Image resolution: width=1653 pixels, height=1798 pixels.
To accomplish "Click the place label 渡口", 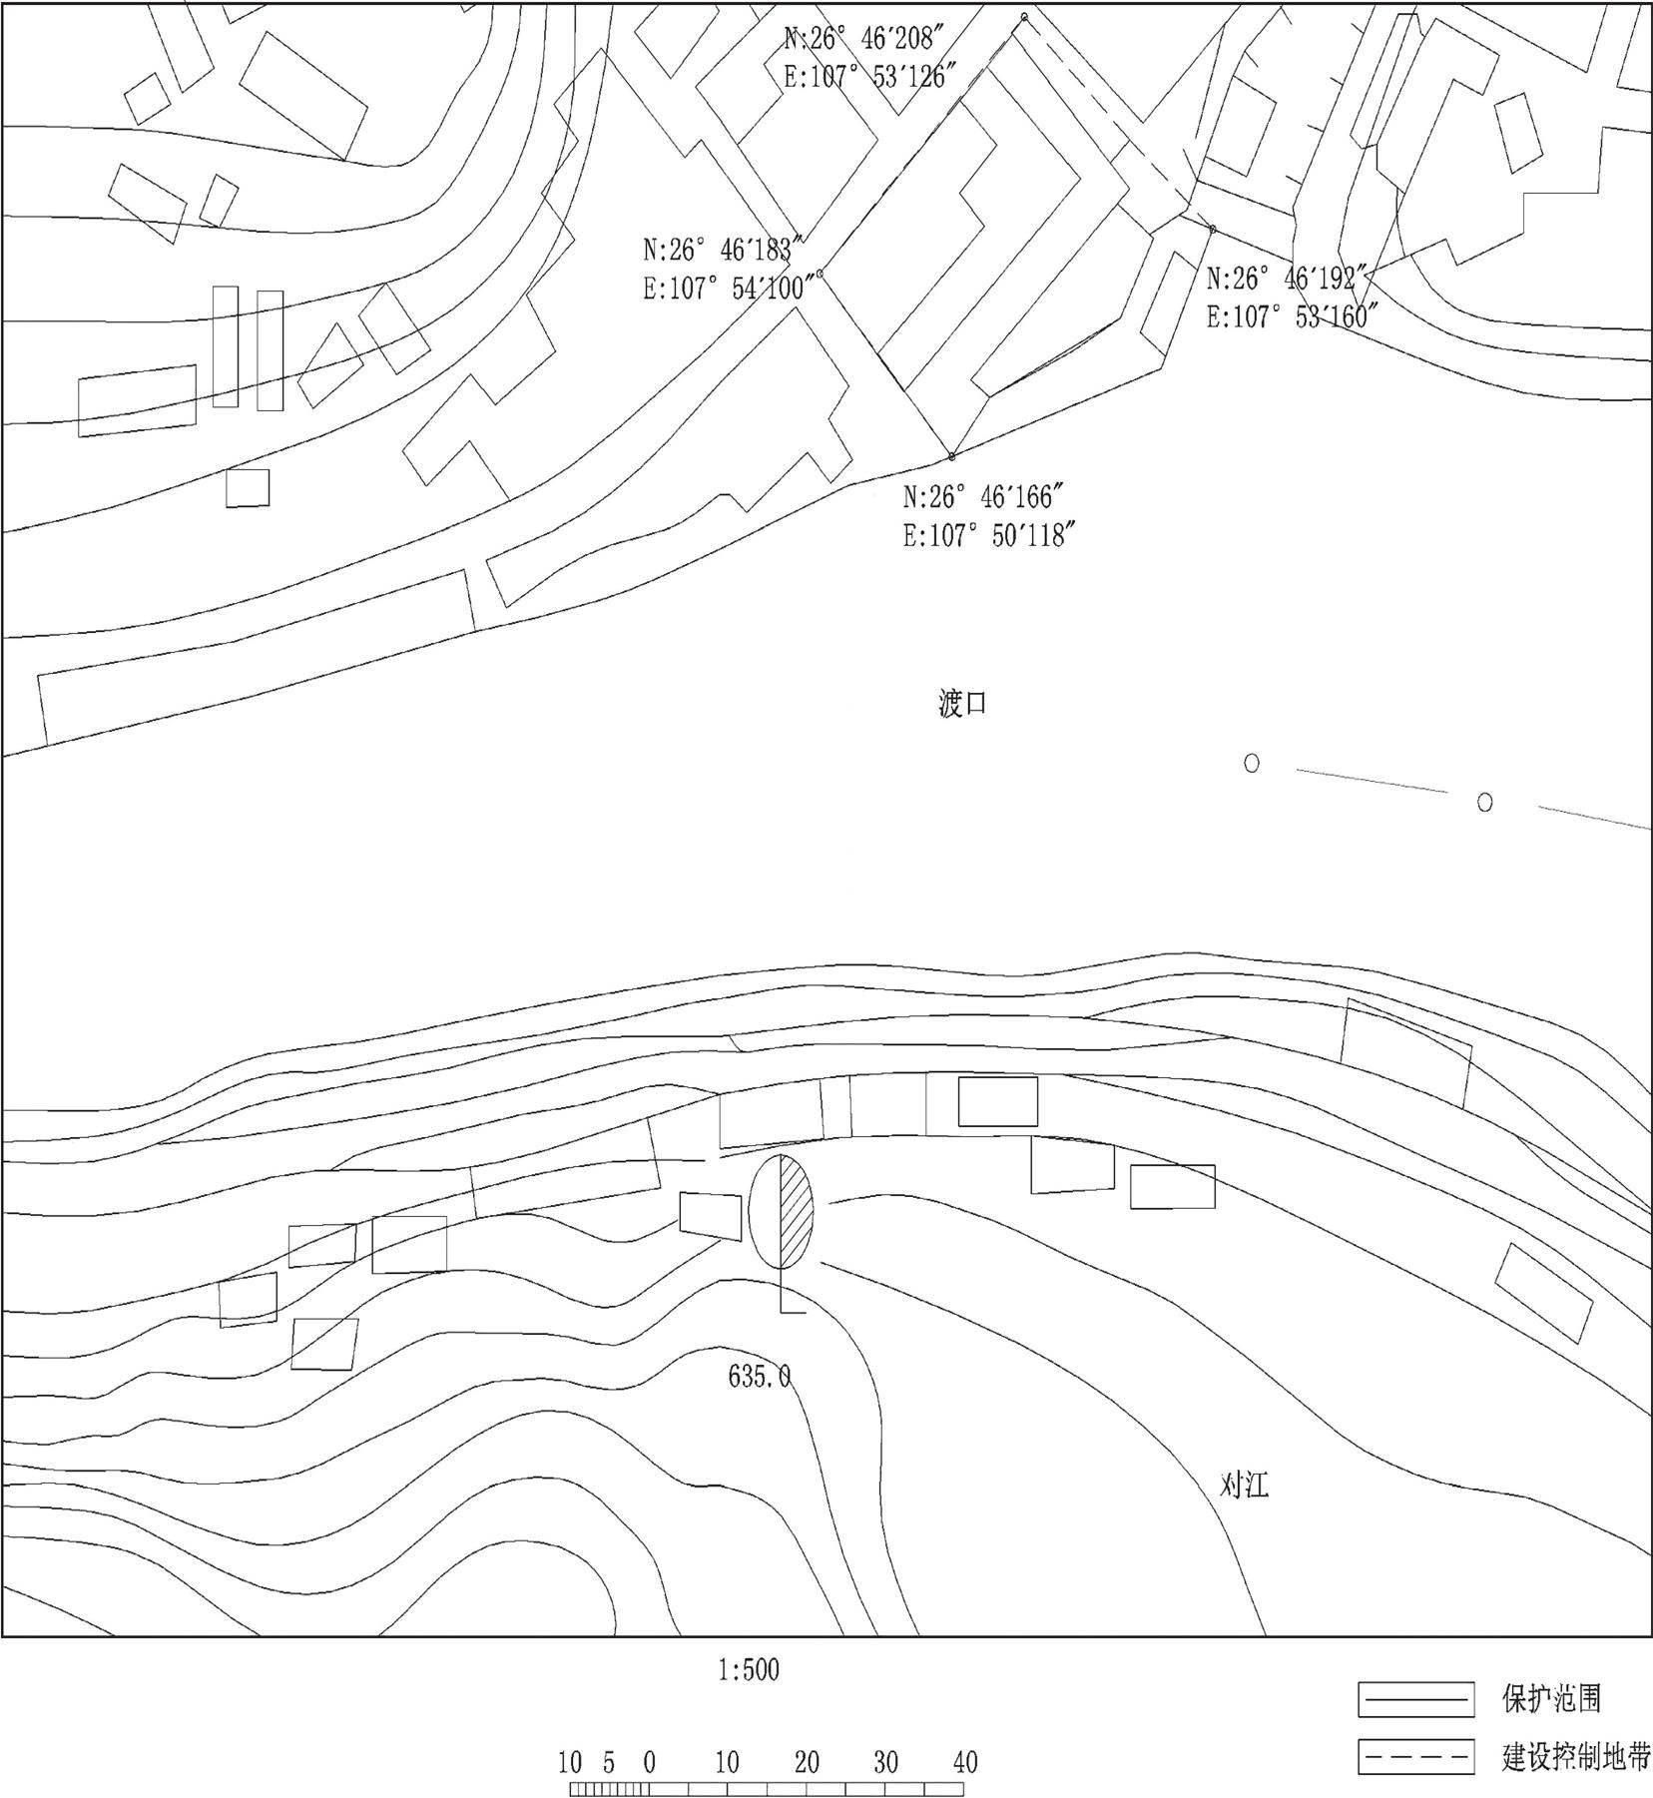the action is click(963, 705).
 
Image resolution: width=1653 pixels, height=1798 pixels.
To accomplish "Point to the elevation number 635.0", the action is click(760, 1378).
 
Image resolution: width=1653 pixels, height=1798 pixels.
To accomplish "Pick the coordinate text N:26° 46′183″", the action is click(724, 249).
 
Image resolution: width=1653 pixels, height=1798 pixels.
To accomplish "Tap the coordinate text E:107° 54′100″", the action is click(731, 289).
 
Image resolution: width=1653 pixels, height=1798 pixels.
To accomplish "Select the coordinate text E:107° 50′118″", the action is click(990, 536).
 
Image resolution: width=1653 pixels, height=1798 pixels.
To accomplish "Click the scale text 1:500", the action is click(749, 1669).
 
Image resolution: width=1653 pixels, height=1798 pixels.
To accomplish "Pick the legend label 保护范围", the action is click(1552, 1698).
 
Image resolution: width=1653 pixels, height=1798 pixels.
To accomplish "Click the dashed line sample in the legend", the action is click(1415, 1757).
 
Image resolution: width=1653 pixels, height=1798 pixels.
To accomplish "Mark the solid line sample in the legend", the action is click(1415, 1699).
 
